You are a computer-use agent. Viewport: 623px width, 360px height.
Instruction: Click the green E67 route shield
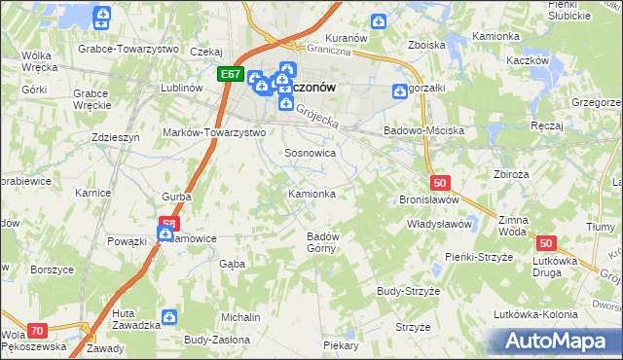pos(230,74)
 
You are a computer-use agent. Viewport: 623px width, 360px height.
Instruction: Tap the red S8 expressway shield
pos(169,223)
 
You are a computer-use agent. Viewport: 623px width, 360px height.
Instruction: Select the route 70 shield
pos(37,331)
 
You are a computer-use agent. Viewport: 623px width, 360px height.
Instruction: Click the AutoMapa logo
pos(563,342)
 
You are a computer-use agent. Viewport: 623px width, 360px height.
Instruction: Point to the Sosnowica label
pos(310,154)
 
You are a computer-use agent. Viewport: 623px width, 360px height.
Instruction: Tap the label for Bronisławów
pos(428,199)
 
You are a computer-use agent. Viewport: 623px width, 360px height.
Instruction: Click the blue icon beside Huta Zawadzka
pos(169,317)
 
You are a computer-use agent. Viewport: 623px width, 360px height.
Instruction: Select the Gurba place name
pos(177,197)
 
